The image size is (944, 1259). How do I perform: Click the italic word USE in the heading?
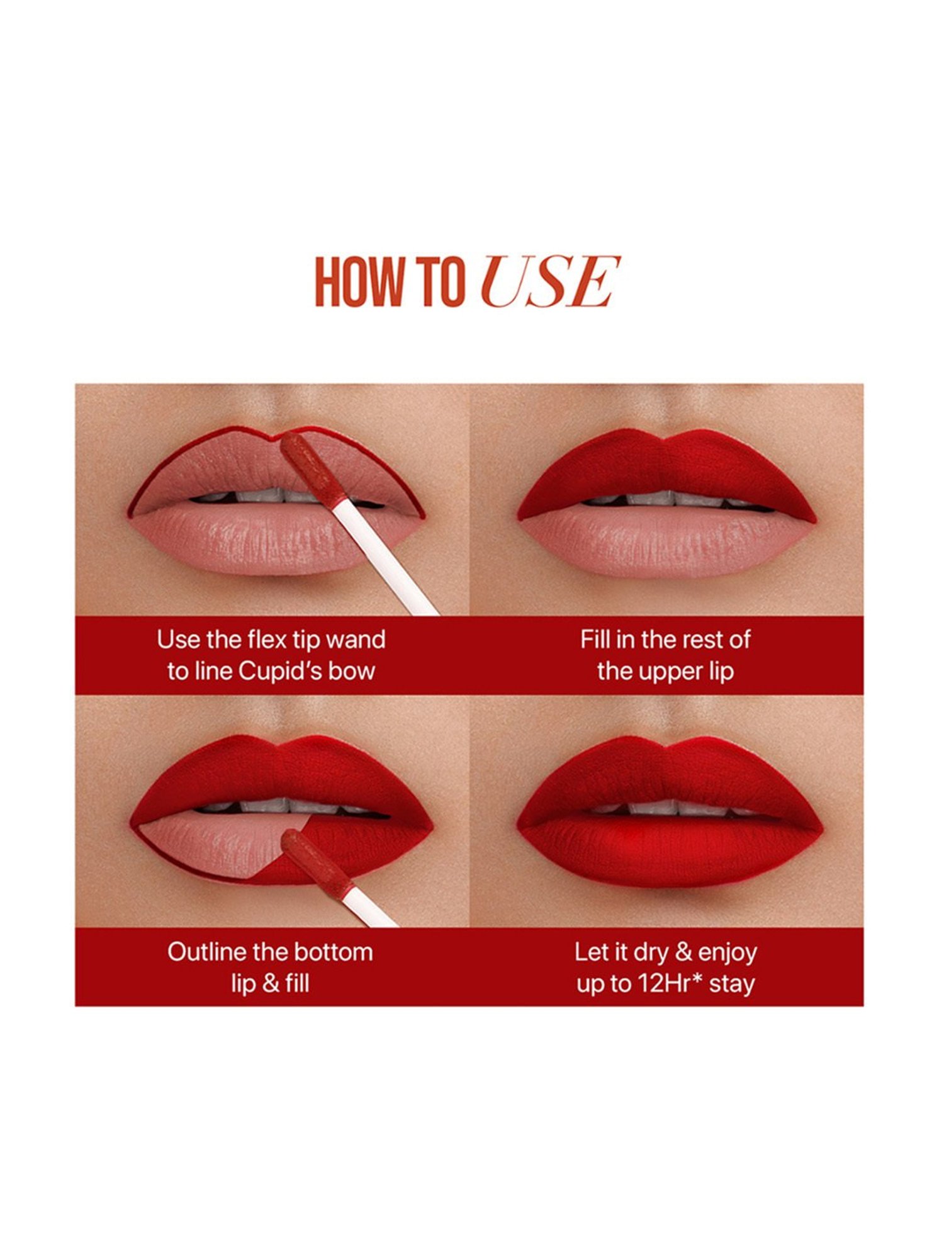(550, 281)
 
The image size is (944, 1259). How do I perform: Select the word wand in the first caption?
(356, 640)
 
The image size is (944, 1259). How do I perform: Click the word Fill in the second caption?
(595, 640)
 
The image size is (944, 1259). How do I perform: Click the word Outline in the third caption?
(206, 952)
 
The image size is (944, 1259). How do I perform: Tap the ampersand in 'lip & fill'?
(270, 983)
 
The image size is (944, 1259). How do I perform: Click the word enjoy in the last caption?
(728, 953)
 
